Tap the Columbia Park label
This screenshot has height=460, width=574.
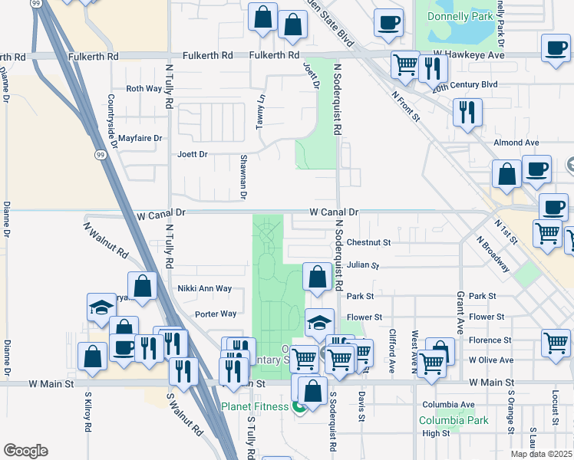(x=454, y=420)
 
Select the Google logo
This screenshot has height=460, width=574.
(x=25, y=450)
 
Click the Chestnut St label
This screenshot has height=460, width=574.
(x=368, y=242)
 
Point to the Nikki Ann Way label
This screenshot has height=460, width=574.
(x=205, y=289)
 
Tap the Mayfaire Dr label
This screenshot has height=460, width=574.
(x=140, y=139)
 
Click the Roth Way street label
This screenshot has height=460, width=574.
(x=144, y=89)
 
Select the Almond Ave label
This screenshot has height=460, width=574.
(x=516, y=143)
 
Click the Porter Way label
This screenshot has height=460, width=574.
(x=216, y=314)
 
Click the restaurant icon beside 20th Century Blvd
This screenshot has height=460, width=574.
(x=434, y=67)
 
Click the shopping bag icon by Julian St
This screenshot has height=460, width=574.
(x=316, y=276)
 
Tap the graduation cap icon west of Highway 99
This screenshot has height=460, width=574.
(x=101, y=307)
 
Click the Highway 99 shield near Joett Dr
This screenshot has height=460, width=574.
(x=101, y=155)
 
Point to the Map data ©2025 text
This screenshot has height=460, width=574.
(x=549, y=454)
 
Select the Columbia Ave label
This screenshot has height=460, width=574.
(x=448, y=405)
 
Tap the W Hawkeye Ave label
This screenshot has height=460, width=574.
(x=468, y=56)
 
